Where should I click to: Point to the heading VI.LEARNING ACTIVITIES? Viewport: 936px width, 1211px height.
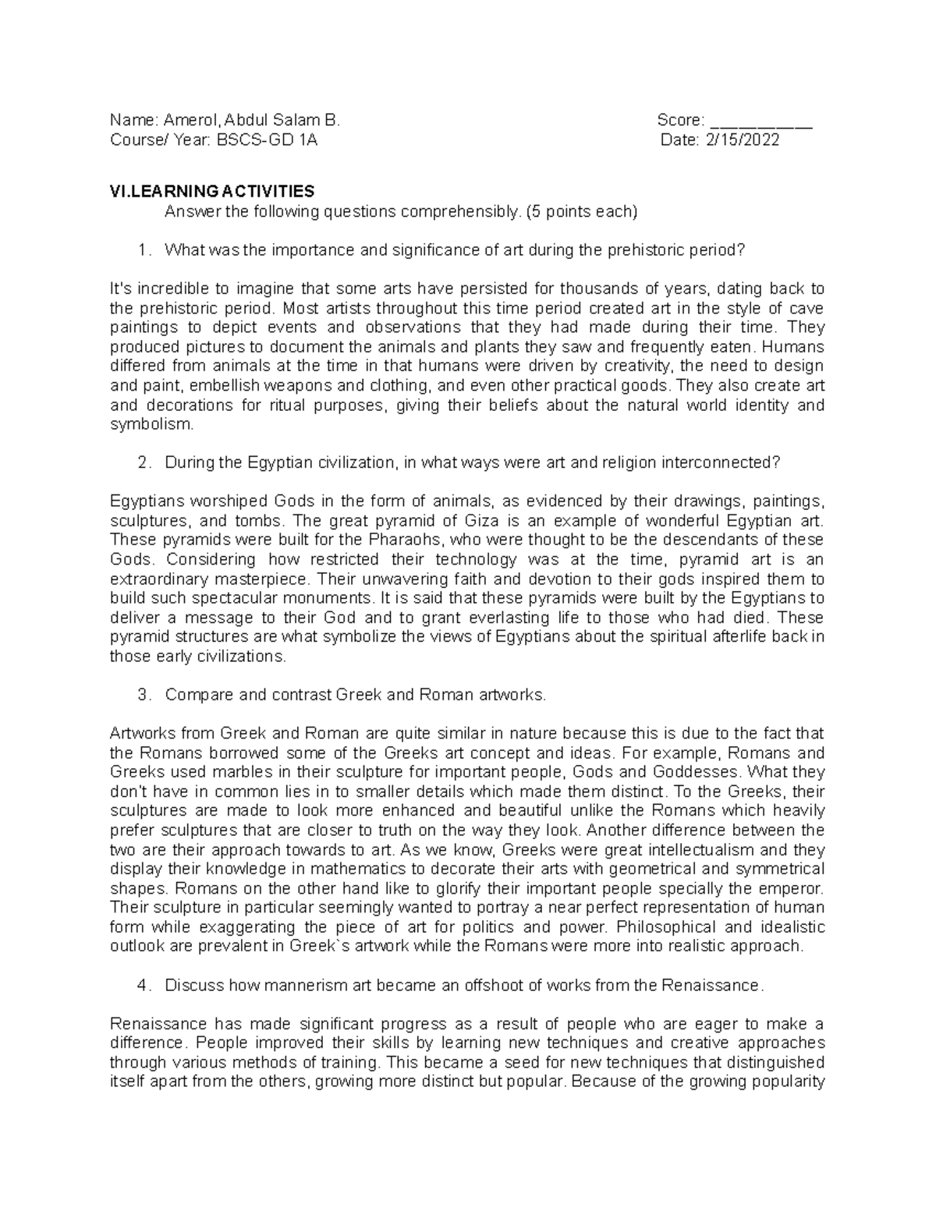212,192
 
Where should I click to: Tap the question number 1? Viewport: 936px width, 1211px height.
141,250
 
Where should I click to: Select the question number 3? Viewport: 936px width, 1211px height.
141,695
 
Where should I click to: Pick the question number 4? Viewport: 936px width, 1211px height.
141,985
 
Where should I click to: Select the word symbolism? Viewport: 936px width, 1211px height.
150,424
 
